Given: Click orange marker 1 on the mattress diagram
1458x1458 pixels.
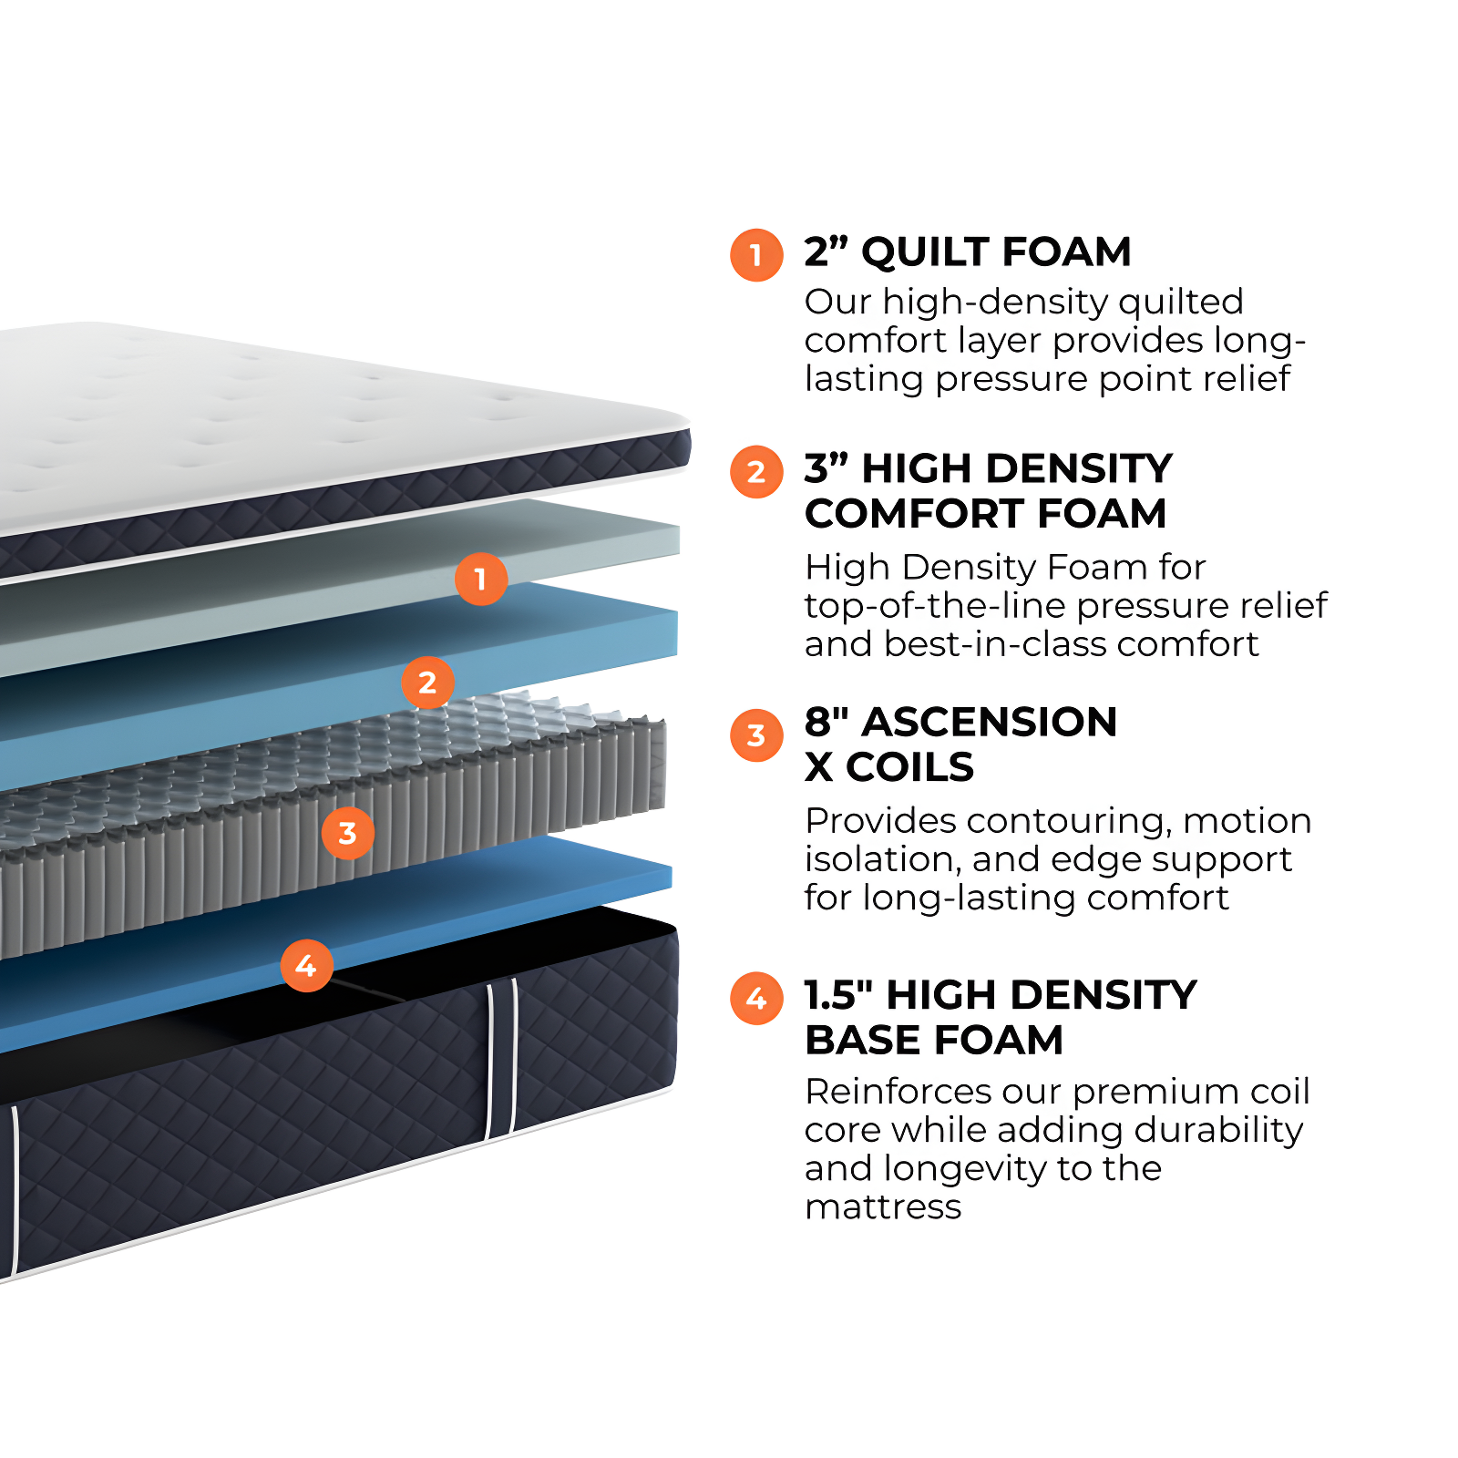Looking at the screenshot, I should (480, 579).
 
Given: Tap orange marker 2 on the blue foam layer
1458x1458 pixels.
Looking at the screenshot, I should (427, 683).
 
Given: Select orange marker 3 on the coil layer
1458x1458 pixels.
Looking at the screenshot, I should (347, 833).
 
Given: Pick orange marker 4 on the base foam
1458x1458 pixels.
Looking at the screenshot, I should (306, 966).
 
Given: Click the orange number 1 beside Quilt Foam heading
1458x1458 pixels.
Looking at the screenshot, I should (756, 255).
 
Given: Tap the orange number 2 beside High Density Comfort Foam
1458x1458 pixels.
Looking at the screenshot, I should (756, 472).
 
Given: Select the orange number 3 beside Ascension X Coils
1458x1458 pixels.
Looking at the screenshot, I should (756, 735).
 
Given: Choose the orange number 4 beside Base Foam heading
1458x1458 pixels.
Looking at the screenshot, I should (756, 999).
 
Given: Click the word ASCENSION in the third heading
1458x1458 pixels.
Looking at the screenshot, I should (989, 723).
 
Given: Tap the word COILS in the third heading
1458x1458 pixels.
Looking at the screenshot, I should (909, 767).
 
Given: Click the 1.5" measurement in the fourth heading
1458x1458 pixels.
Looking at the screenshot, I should (838, 995).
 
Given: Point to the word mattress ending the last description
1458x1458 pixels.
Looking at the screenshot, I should (882, 1207).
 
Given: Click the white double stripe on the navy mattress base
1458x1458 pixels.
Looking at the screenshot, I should (501, 1057).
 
